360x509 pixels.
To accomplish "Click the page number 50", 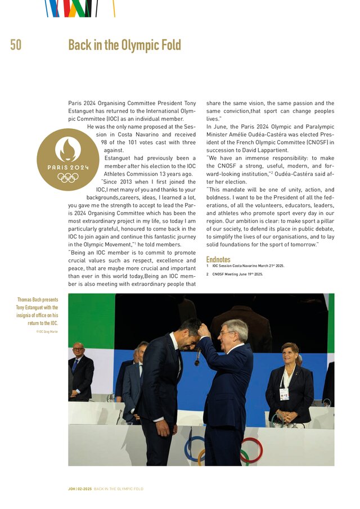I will tap(16, 45).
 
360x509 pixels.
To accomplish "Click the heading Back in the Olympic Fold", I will tap(124, 45).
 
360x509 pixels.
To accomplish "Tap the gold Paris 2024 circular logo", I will tap(67, 159).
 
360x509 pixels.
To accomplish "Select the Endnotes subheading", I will tap(218, 259).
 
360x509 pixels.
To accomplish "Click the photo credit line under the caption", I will tap(47, 332).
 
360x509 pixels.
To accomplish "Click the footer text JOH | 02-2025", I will tap(76, 489).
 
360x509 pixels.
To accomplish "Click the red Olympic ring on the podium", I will tap(251, 450).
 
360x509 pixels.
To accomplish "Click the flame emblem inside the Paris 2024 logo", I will tap(67, 149).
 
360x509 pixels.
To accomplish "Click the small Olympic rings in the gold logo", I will tap(67, 178).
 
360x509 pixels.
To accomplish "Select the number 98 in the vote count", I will tap(105, 142).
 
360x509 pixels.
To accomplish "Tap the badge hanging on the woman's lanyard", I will tap(284, 394).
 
